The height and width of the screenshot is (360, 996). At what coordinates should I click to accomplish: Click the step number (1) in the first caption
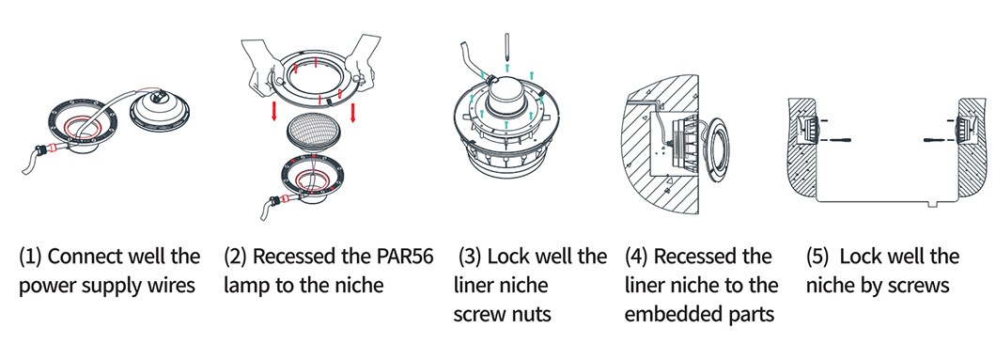tap(30, 258)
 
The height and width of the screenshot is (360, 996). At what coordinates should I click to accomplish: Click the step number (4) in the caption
tap(637, 258)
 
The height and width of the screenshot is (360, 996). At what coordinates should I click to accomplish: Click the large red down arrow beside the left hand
tap(273, 109)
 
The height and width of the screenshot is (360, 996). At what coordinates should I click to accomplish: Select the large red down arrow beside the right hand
tap(353, 112)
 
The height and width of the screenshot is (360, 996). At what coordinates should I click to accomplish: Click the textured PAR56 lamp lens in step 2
tap(313, 134)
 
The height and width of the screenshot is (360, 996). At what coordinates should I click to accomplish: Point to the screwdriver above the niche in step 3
tap(506, 47)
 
